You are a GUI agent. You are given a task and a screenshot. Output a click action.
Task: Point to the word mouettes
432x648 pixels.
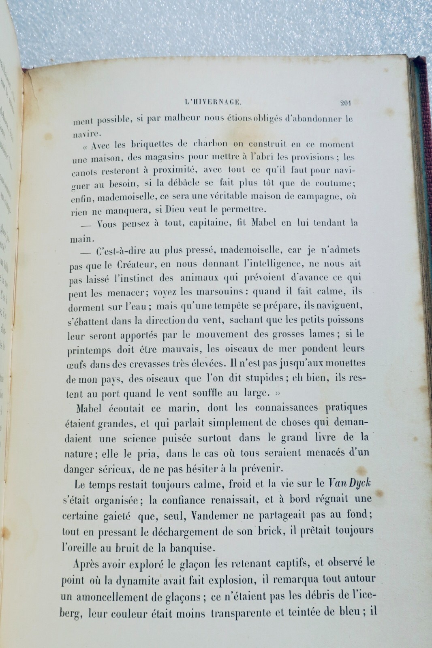pos(345,363)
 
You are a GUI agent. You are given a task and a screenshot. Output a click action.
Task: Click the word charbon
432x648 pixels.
pos(209,144)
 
